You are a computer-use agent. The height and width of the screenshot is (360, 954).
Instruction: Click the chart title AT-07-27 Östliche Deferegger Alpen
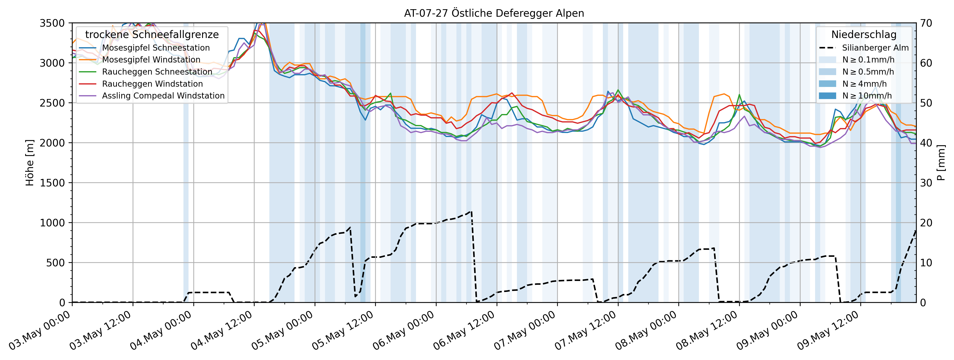coord(494,13)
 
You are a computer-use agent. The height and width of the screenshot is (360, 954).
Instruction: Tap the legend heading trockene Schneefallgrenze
coord(152,34)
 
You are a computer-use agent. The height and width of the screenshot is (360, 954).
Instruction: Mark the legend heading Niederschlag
coord(864,34)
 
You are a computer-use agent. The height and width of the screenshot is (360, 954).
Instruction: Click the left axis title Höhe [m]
coord(30,163)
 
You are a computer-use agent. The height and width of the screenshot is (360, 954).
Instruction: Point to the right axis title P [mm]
coord(941,163)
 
